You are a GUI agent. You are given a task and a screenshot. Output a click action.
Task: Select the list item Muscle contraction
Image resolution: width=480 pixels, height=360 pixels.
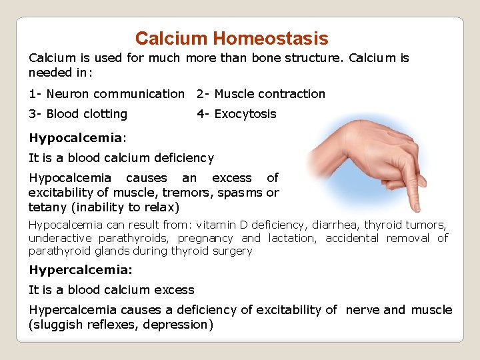[x=269, y=94]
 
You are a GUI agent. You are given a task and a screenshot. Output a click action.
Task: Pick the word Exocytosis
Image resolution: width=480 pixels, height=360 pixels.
[x=245, y=114]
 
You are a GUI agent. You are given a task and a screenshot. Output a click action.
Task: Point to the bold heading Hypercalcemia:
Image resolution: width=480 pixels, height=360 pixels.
[x=81, y=270]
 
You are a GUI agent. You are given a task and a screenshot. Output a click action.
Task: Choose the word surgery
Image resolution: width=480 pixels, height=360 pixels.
[x=231, y=251]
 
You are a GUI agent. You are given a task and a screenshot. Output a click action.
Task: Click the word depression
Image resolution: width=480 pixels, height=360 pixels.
[x=181, y=325]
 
